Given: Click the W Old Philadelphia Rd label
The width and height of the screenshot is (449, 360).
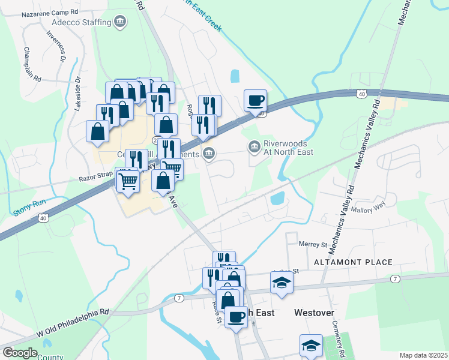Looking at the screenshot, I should tap(72, 322).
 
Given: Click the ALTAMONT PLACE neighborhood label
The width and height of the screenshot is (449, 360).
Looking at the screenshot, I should tap(353, 262).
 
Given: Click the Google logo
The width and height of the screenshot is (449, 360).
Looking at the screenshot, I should tap(20, 353).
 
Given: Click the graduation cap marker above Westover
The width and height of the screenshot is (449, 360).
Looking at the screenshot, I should tap(282, 282).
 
